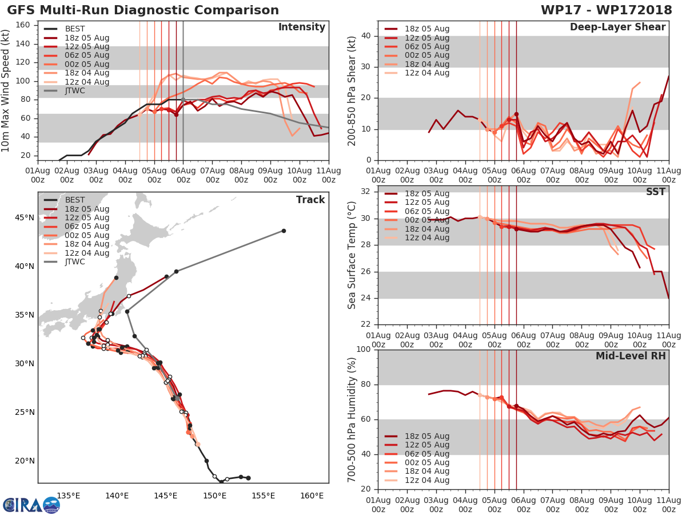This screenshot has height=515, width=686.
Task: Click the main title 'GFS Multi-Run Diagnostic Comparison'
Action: coord(143,10)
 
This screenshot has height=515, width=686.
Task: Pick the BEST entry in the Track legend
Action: coord(75,200)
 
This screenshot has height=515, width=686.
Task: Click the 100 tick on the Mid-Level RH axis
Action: coord(363,350)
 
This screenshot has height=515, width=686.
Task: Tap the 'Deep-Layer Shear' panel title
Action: coord(617,27)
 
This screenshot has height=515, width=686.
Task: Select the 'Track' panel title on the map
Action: coord(310,200)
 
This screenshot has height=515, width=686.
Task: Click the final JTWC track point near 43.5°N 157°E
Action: coord(284,231)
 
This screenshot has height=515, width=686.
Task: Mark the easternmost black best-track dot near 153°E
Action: coord(248,478)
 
